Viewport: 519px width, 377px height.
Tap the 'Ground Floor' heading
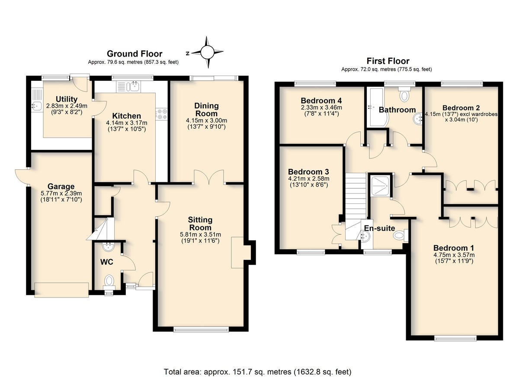(135, 54)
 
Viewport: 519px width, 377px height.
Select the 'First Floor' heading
(388, 61)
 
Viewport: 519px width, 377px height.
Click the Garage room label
(61, 187)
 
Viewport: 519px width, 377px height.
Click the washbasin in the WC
(108, 247)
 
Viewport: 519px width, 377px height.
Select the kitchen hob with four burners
(161, 114)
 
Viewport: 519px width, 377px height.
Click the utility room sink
(36, 106)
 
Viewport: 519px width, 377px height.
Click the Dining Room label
(206, 110)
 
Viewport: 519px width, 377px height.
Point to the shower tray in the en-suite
(380, 186)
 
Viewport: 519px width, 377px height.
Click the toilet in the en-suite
(400, 235)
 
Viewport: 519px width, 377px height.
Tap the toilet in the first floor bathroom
(404, 95)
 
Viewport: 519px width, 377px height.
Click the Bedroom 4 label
(321, 101)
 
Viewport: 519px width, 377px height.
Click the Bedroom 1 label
(454, 248)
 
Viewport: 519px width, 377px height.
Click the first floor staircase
(356, 206)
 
